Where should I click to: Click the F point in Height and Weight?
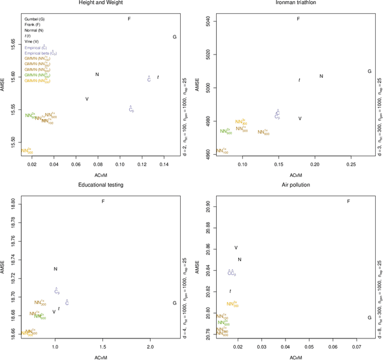(x=129, y=19)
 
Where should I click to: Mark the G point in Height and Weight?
(x=174, y=37)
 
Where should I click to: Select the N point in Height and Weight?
(x=97, y=74)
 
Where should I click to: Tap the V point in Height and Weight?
(x=87, y=99)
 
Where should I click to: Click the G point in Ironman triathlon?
(x=369, y=71)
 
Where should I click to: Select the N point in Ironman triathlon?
(x=321, y=76)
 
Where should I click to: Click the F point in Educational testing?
(x=104, y=201)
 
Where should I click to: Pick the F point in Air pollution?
(x=349, y=202)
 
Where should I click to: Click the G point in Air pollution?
(x=369, y=301)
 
